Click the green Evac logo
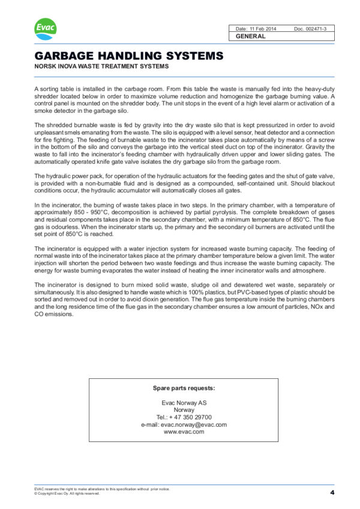click(x=44, y=28)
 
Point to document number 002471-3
click(x=314, y=28)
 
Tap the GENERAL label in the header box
click(x=251, y=36)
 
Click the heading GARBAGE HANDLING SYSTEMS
click(x=129, y=56)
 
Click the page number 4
click(x=332, y=492)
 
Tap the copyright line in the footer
click(x=67, y=493)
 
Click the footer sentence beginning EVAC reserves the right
click(x=102, y=489)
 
